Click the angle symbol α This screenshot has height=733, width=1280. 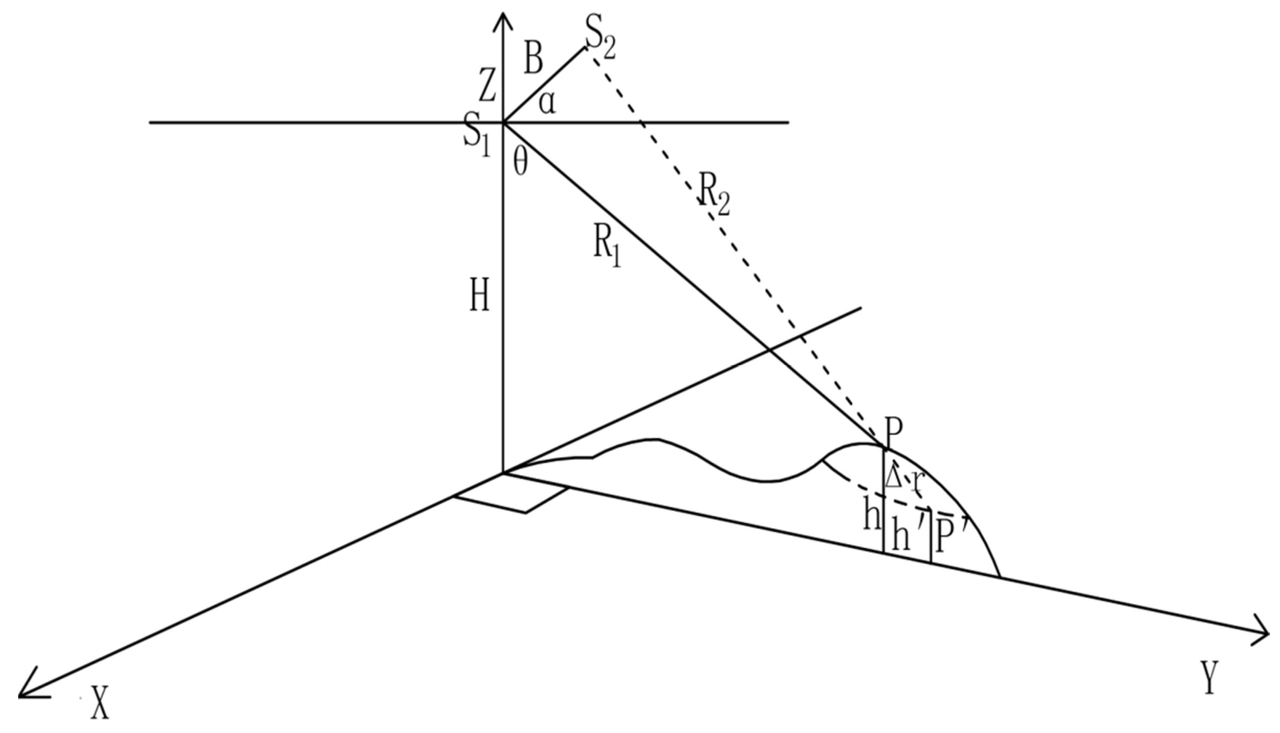(548, 104)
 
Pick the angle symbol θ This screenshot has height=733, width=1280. (520, 164)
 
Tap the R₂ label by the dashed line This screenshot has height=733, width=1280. (712, 196)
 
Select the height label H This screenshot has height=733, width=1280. (479, 298)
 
